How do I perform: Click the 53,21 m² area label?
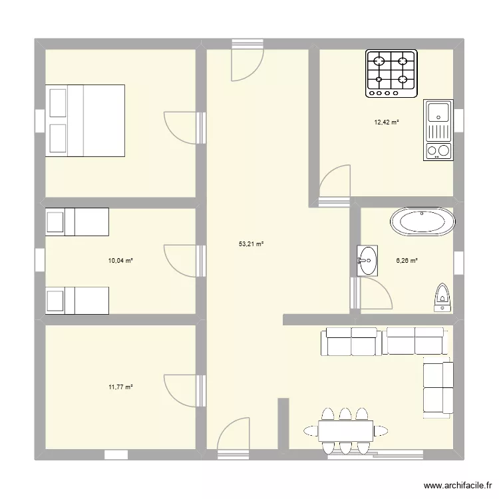click(251, 244)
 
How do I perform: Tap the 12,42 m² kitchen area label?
click(386, 122)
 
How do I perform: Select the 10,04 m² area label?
click(120, 260)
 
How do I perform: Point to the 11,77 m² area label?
click(120, 386)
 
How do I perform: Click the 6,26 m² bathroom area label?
click(406, 260)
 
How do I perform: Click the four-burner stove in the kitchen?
click(391, 74)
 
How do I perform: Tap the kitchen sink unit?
click(438, 130)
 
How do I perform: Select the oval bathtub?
click(422, 222)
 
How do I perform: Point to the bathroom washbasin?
click(367, 260)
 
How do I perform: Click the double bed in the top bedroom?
click(85, 120)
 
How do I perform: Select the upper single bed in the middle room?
click(77, 222)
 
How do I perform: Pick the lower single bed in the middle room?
click(77, 300)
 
